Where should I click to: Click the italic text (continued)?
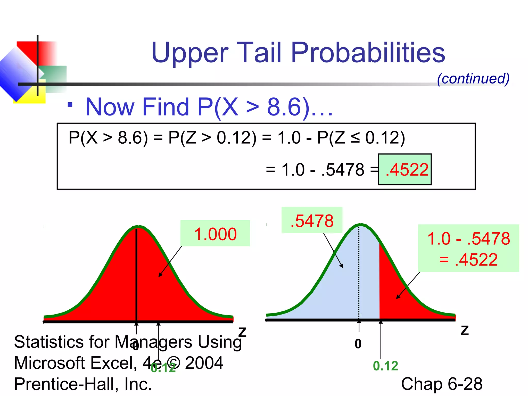473,78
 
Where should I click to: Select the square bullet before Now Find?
70,105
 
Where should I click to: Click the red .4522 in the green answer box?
407,170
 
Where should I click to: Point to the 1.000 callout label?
215,234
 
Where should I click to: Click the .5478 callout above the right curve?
312,221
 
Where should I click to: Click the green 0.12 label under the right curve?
385,366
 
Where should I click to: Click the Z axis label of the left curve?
242,332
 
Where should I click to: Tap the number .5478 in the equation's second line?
343,170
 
